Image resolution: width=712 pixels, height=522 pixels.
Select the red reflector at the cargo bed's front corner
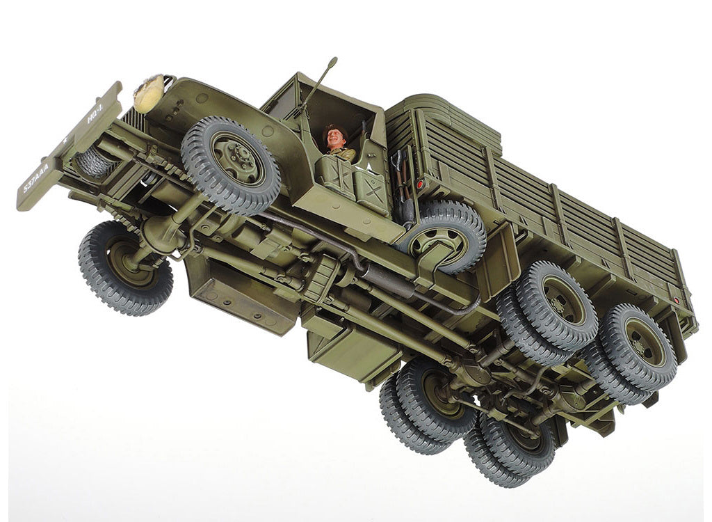point(419,184)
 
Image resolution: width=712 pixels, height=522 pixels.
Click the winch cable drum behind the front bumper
point(93,162)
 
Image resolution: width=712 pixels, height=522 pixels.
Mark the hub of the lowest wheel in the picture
point(515,445)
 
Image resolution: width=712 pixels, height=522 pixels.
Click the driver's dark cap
point(334,129)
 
